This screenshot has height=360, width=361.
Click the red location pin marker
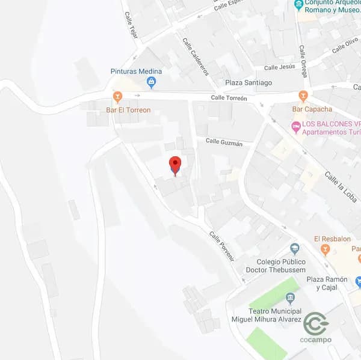(175, 165)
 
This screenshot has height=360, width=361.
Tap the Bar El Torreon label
(128, 110)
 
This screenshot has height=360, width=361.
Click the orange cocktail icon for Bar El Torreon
(118, 97)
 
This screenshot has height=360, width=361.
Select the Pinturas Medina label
(136, 71)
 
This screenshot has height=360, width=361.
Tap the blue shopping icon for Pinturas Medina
(151, 82)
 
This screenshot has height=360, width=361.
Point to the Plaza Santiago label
(248, 82)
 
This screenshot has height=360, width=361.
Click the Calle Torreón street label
(229, 98)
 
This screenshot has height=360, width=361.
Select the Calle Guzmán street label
(224, 142)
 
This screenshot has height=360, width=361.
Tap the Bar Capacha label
(312, 109)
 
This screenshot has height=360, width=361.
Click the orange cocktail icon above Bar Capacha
(303, 96)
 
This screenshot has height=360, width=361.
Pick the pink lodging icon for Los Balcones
(295, 126)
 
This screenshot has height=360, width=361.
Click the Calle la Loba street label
(341, 186)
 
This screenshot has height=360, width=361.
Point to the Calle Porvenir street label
(221, 246)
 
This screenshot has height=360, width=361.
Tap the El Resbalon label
(332, 239)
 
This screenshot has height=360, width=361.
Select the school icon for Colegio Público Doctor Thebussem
(294, 248)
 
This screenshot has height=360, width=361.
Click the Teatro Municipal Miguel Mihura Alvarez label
(266, 315)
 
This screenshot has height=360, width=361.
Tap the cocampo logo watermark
(316, 327)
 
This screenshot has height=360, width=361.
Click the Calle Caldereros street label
(196, 56)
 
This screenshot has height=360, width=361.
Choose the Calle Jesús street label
(279, 67)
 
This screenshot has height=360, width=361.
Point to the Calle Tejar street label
(132, 26)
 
